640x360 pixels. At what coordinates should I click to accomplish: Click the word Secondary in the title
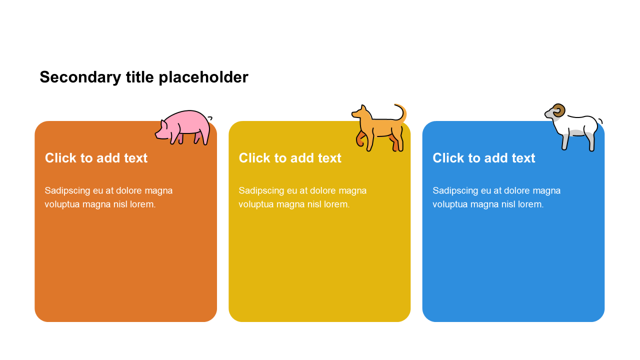80,77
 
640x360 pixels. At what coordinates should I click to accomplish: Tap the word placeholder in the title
203,77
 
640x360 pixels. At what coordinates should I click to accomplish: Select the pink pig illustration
183,127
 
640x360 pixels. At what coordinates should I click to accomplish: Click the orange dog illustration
379,127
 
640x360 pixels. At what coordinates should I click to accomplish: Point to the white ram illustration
573,127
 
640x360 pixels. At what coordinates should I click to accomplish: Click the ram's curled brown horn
558,110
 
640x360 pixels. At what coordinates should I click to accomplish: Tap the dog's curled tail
401,112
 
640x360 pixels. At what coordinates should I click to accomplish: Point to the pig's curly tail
210,118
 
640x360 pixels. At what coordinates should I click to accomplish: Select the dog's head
361,112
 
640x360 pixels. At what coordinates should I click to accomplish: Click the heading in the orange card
96,158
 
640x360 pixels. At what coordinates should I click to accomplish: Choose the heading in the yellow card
290,158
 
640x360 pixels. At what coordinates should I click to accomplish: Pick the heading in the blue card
483,158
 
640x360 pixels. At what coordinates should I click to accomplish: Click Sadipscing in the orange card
67,191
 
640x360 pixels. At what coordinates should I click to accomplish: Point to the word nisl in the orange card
120,204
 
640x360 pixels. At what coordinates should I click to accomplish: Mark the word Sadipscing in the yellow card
261,191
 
